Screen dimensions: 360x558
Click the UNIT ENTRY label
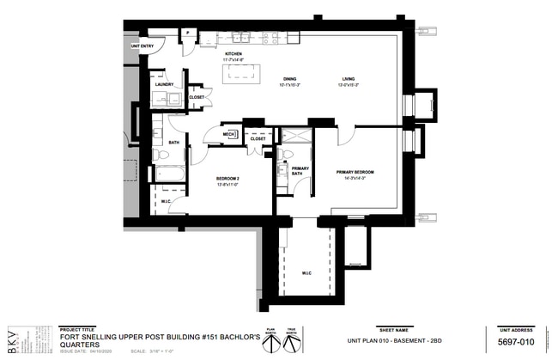click(x=142, y=46)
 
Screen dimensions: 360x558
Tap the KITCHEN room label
click(x=234, y=54)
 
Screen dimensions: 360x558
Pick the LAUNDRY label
click(x=164, y=84)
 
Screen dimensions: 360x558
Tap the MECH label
click(x=228, y=134)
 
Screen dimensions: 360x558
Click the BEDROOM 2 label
click(x=227, y=179)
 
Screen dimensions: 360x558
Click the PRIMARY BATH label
click(x=300, y=170)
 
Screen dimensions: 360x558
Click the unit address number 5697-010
click(x=516, y=342)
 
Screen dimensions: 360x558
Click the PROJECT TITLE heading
click(x=78, y=329)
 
